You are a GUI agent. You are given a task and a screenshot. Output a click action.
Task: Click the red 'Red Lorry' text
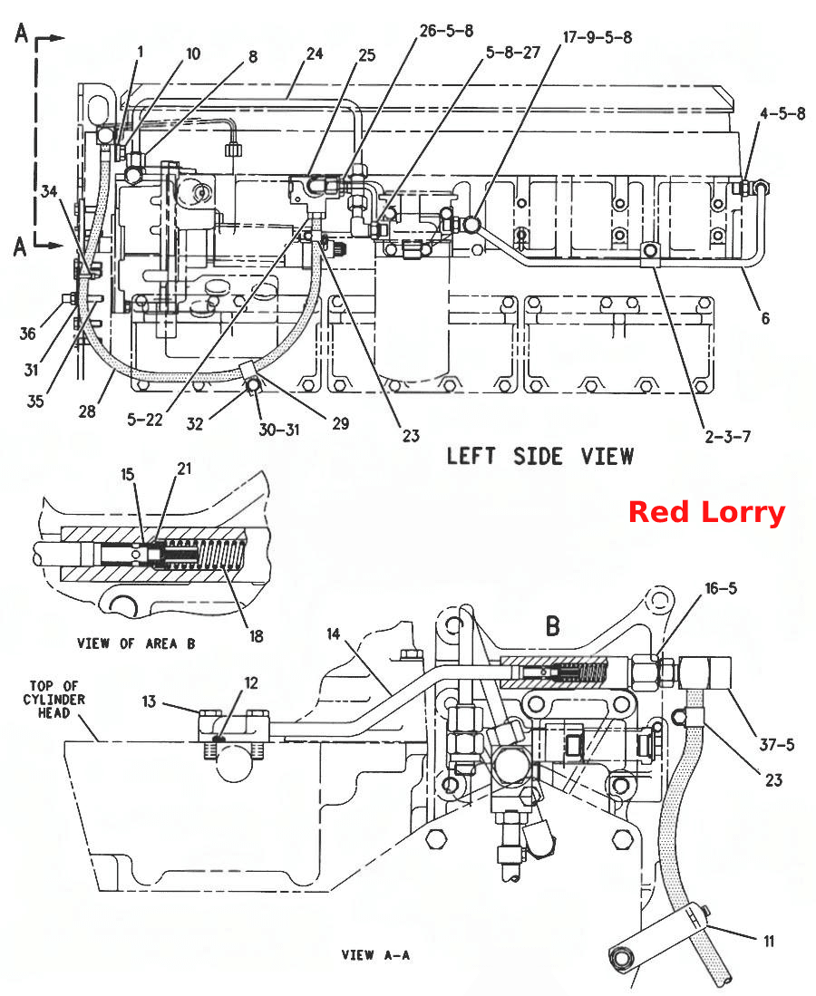706,512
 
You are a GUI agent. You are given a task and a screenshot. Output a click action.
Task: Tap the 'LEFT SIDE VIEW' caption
540,456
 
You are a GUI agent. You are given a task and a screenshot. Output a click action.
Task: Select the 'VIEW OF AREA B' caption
136,643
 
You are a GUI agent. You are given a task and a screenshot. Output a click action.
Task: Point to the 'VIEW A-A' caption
375,954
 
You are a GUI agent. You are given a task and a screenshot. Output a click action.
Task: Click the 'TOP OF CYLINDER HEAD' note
54,700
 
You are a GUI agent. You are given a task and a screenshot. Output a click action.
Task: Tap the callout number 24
315,54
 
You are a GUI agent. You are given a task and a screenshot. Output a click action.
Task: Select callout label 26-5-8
447,31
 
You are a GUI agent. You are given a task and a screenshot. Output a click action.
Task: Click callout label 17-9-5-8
597,37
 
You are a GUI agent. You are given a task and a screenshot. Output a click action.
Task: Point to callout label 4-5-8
782,113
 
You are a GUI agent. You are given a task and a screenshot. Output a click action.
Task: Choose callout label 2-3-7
728,437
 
